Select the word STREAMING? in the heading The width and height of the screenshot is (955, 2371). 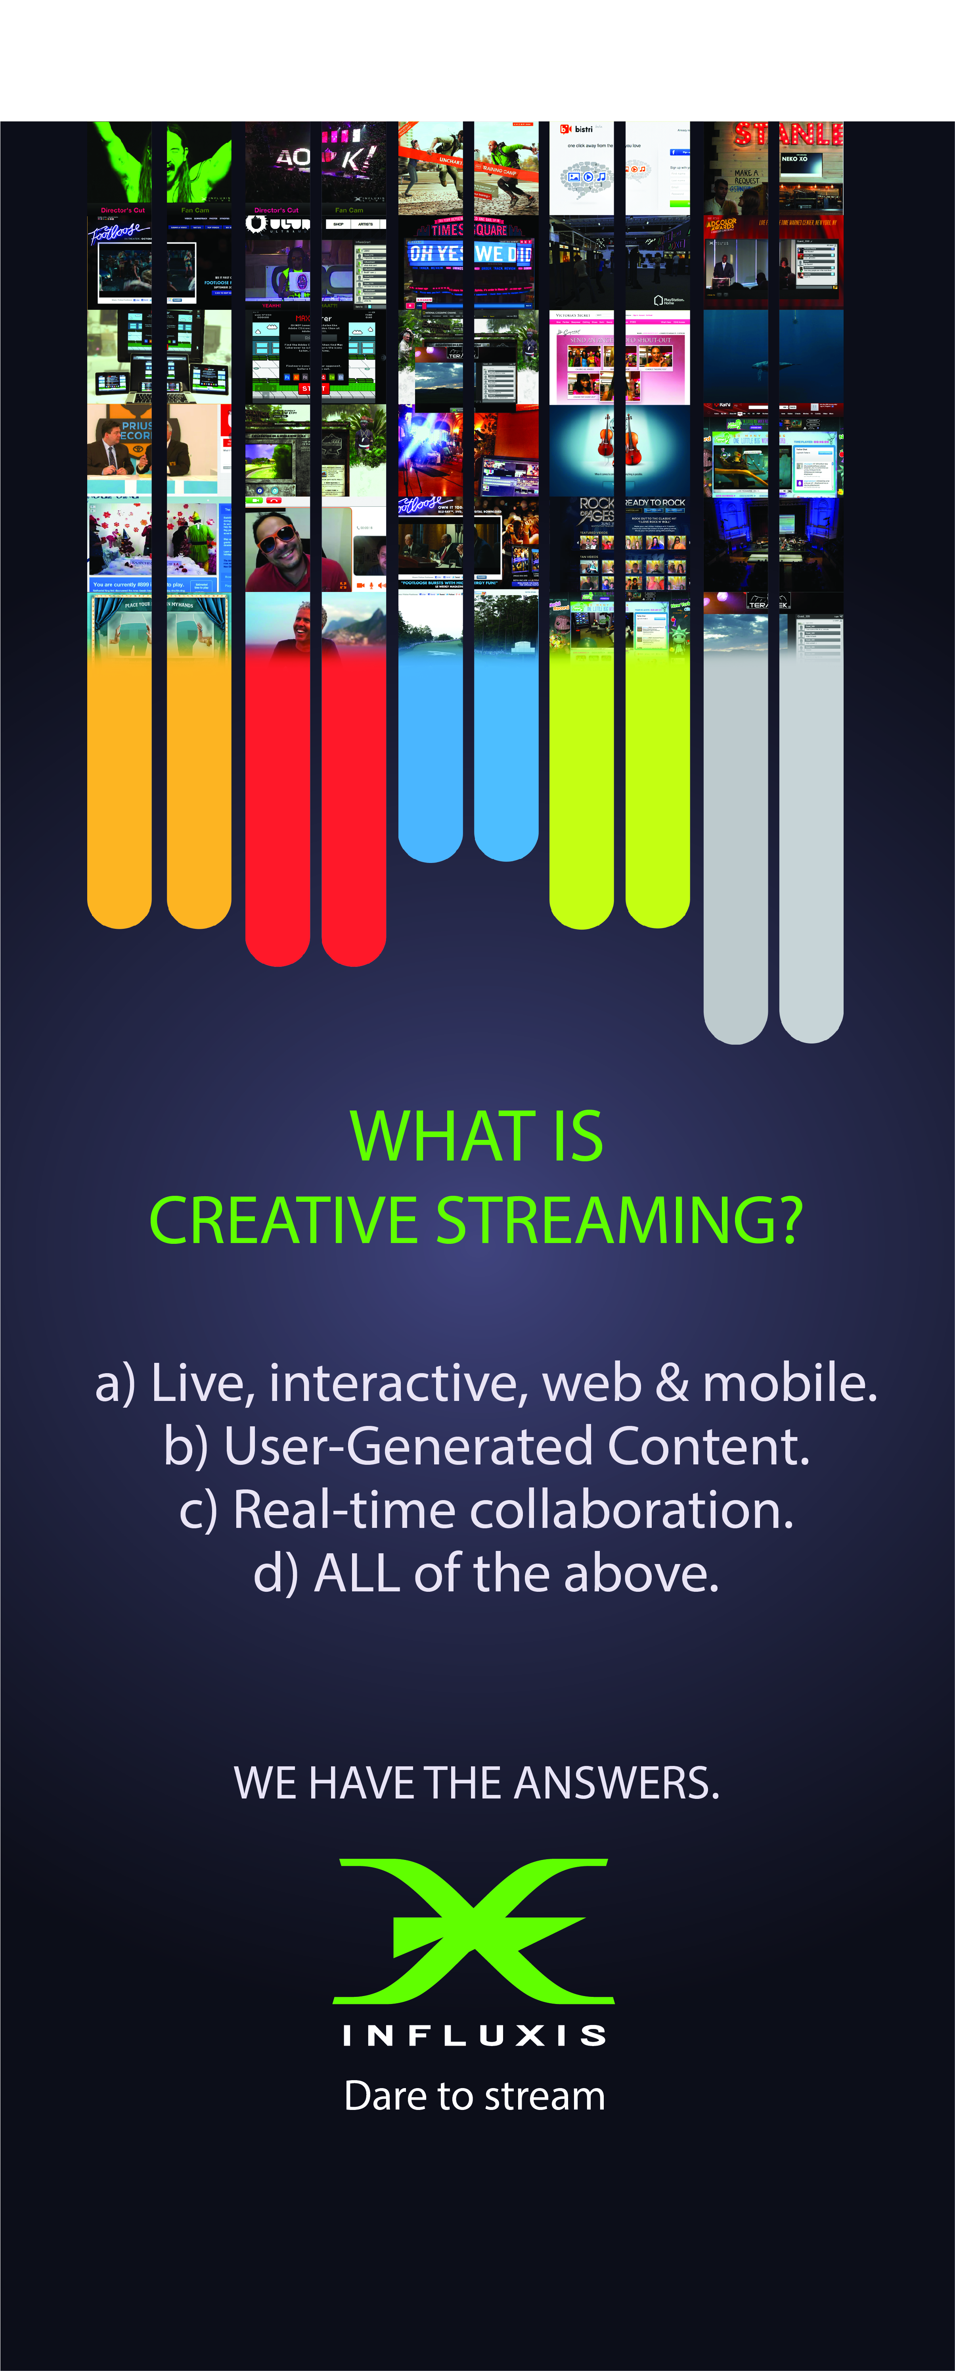coord(619,1221)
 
